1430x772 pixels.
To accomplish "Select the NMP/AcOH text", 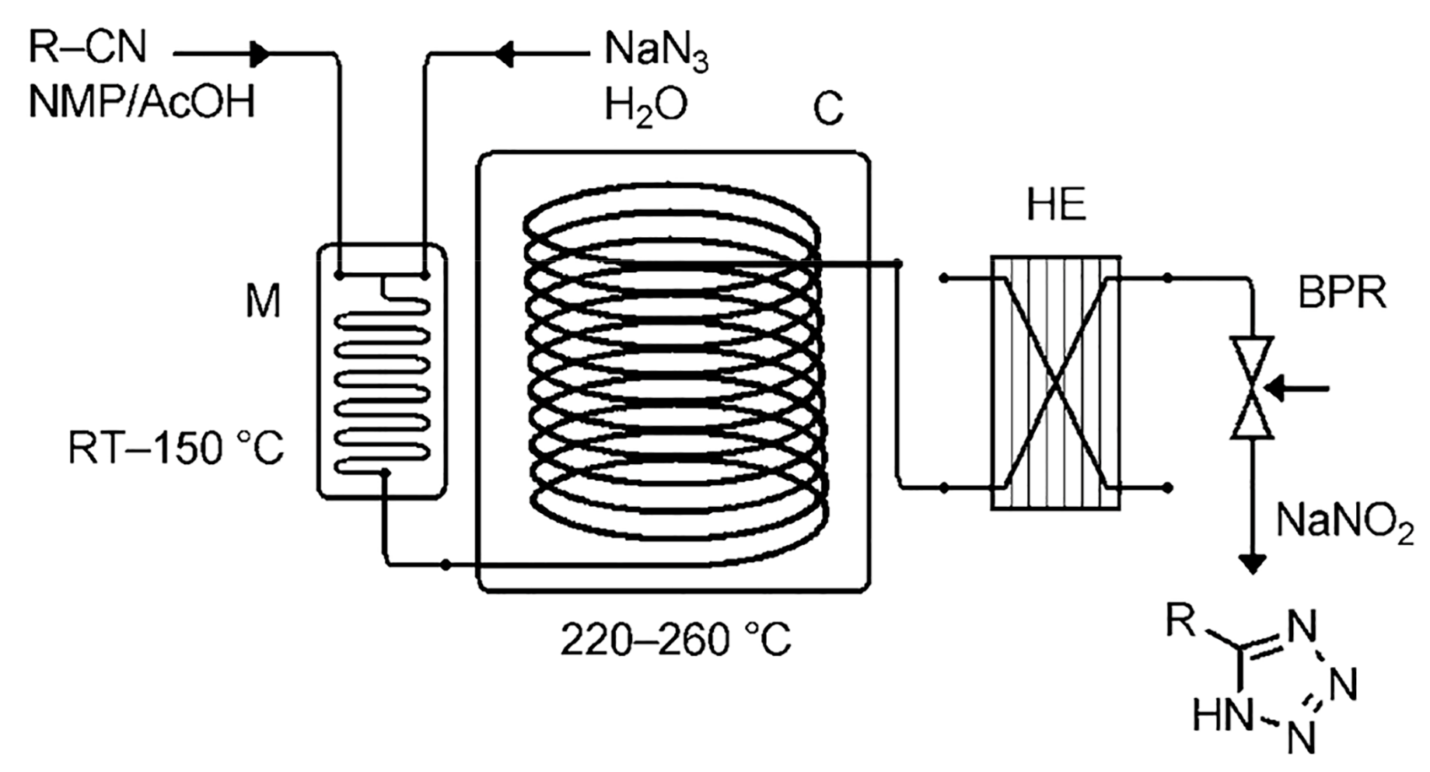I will (142, 102).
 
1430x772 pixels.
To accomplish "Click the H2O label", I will (645, 106).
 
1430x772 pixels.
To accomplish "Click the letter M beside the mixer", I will (263, 302).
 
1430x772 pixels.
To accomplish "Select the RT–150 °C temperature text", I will (176, 449).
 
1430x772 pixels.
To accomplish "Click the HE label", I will (1055, 207).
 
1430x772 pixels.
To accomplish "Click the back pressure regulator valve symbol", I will (1252, 387).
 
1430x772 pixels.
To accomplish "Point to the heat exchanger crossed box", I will (1055, 383).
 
